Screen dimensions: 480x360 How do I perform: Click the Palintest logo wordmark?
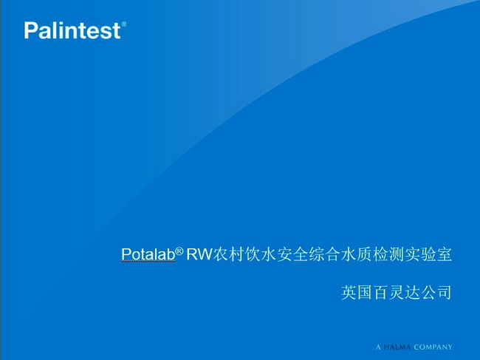click(x=72, y=30)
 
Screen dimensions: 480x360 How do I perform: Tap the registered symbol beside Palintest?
click(x=123, y=24)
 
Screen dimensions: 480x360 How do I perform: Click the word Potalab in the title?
click(x=148, y=254)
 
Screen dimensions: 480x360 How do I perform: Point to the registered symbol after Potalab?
click(x=179, y=251)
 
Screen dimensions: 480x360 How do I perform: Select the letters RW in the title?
click(x=199, y=254)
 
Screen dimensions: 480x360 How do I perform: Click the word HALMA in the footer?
click(x=397, y=347)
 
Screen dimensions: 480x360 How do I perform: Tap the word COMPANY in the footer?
click(x=433, y=347)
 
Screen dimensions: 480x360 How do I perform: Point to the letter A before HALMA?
click(x=378, y=347)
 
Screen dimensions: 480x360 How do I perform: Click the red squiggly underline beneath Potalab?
click(x=148, y=262)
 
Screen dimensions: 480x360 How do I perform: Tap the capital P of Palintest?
click(x=30, y=30)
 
